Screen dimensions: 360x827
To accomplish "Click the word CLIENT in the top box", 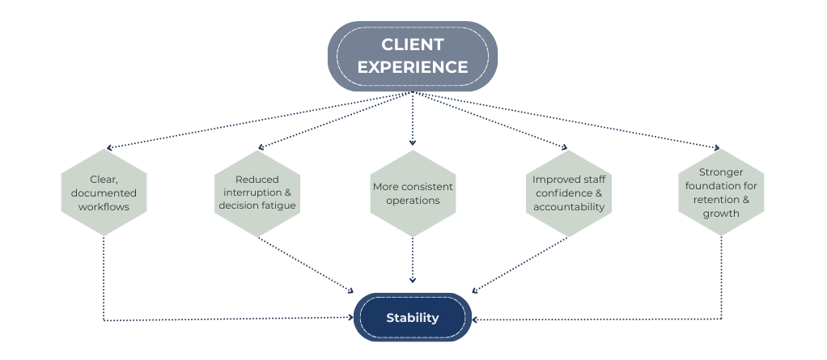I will click(413, 44).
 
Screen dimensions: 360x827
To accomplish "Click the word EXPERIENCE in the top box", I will click(413, 66).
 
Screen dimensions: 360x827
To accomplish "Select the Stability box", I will click(413, 317).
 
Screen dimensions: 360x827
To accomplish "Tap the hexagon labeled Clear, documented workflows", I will click(104, 193).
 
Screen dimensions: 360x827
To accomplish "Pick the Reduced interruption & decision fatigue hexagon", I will click(258, 193).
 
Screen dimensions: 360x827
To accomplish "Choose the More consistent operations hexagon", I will click(413, 193).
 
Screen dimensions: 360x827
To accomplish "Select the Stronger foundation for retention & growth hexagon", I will click(721, 193).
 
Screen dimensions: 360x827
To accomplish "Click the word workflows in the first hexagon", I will click(104, 207).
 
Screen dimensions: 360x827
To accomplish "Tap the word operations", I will click(413, 201).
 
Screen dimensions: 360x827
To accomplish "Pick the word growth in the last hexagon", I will click(721, 214).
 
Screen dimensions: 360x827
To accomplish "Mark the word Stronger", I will click(721, 172).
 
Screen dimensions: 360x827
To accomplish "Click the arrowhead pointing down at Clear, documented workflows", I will click(108, 148).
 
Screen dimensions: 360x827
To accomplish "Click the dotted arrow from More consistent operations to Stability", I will click(413, 259).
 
